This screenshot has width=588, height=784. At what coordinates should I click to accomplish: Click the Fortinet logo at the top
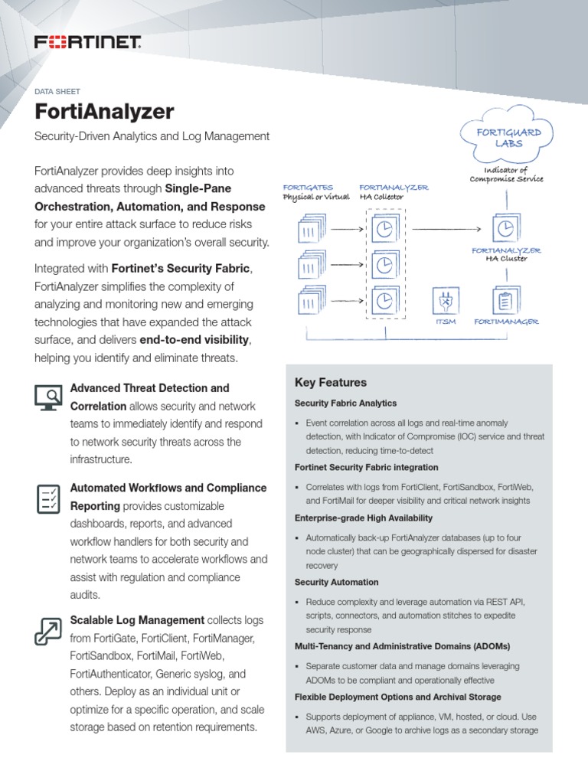click(87, 43)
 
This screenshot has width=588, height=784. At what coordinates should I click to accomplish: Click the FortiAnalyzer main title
click(105, 112)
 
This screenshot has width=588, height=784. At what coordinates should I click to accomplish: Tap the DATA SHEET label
click(57, 91)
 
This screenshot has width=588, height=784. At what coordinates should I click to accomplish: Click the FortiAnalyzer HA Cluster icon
click(505, 228)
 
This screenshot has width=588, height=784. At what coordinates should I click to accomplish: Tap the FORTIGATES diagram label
click(307, 188)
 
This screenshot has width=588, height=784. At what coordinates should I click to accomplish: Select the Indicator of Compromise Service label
click(506, 174)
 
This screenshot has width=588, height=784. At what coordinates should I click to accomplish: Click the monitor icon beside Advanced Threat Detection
click(48, 397)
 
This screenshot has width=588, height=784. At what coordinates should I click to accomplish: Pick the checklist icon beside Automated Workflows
click(48, 498)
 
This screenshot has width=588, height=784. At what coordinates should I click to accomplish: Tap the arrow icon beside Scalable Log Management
click(48, 629)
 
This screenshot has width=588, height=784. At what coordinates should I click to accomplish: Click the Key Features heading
click(330, 383)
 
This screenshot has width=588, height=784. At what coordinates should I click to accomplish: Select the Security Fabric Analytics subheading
click(345, 403)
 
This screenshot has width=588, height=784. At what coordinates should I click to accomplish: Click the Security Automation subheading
click(336, 583)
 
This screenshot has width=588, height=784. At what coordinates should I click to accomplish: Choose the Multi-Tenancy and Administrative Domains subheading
click(402, 646)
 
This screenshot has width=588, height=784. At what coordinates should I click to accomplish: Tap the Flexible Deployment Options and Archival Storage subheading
click(397, 697)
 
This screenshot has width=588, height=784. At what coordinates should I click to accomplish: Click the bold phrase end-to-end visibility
click(194, 341)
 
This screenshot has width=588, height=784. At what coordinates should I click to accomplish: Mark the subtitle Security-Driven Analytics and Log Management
click(152, 136)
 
